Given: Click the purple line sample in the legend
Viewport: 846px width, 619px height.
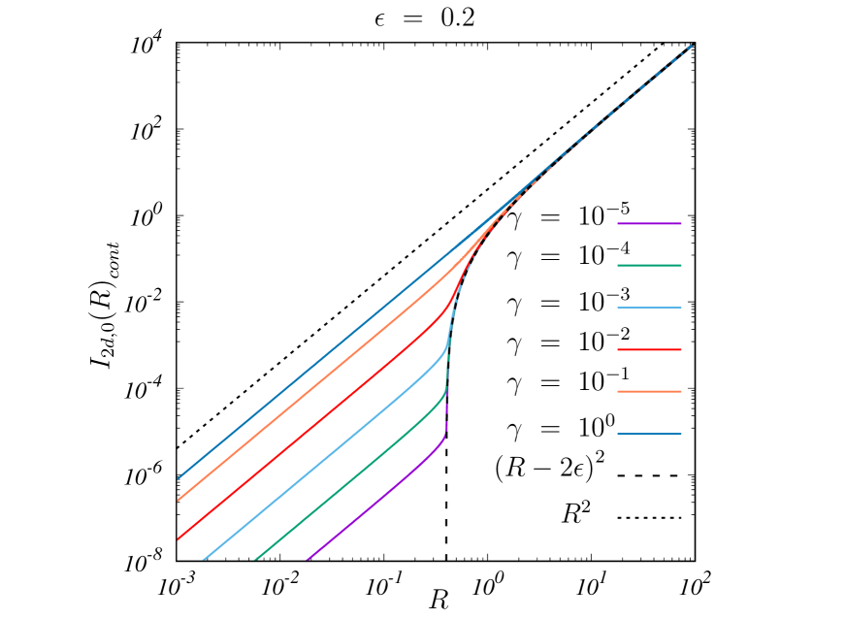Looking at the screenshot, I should [x=649, y=223].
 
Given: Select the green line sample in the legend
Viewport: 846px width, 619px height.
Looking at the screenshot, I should [x=649, y=265].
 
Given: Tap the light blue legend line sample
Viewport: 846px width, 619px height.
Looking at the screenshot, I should [x=649, y=308].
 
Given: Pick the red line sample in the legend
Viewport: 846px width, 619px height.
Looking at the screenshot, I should [x=649, y=349].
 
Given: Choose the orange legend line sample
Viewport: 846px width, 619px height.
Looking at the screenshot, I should [x=649, y=392].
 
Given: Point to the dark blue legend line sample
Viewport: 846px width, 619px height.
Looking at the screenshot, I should [x=649, y=434].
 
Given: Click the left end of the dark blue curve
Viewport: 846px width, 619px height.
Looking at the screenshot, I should [x=179, y=478].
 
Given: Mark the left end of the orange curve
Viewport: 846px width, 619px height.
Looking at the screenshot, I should [x=179, y=500].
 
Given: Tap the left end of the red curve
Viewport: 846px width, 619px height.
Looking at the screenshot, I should [x=179, y=538].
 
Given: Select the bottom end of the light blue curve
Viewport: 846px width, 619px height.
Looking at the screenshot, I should [x=204, y=559].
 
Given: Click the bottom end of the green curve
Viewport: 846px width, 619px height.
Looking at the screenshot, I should [x=256, y=559].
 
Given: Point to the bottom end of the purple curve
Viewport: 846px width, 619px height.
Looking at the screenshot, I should [x=309, y=559].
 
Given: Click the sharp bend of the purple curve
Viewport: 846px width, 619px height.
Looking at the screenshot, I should [x=443, y=439].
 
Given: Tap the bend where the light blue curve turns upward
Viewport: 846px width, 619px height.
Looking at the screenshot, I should [x=446, y=346].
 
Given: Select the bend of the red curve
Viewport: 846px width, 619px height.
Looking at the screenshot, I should [x=451, y=306].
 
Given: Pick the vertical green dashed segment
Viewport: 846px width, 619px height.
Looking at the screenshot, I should [x=447, y=372].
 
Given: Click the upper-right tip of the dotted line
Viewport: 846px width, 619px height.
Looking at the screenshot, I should [x=692, y=45].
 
